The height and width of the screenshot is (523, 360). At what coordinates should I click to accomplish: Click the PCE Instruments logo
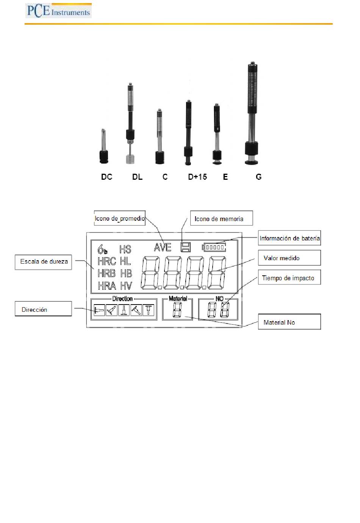(x=58, y=11)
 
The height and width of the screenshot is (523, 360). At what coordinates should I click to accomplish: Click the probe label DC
(x=106, y=177)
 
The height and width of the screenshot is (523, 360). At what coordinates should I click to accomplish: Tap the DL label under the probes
(x=137, y=177)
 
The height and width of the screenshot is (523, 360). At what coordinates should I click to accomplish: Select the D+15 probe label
(x=197, y=177)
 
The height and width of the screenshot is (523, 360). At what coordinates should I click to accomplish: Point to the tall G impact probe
(x=252, y=114)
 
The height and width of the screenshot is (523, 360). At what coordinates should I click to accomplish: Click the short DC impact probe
(x=103, y=148)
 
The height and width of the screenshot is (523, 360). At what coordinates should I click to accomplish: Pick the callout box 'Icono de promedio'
(x=119, y=218)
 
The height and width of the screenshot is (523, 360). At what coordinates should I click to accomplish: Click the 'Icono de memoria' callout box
(x=221, y=218)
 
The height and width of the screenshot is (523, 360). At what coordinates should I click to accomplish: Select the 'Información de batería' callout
(x=290, y=238)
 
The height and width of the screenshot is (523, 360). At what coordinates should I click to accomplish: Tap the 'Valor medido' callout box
(x=289, y=258)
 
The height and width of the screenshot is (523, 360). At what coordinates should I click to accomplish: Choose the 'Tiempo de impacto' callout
(x=289, y=278)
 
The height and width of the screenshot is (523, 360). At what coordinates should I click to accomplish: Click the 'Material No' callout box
(x=289, y=322)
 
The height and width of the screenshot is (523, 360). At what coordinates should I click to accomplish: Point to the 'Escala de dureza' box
(x=44, y=262)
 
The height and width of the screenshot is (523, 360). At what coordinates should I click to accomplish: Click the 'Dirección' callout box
(x=43, y=309)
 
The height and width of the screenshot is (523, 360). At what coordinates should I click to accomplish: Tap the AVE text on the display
(x=163, y=248)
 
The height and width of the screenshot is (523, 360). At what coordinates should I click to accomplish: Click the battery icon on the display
(x=214, y=247)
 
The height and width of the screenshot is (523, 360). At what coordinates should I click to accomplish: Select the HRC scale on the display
(x=107, y=261)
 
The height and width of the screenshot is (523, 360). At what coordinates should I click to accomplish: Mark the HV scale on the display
(x=126, y=286)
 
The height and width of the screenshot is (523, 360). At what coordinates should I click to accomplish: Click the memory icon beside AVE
(x=186, y=247)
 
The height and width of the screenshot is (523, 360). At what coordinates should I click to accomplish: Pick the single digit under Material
(x=177, y=310)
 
